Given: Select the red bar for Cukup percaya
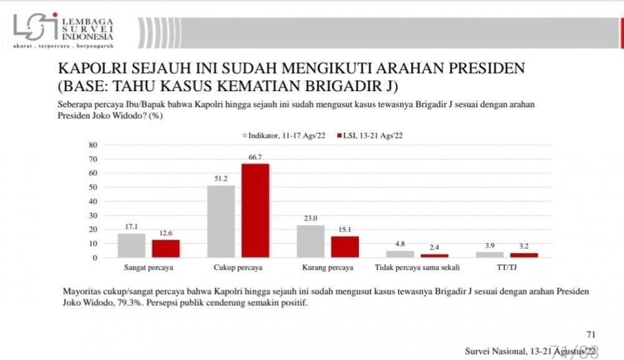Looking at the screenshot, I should tap(255, 210).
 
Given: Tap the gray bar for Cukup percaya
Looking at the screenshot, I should tap(221, 221).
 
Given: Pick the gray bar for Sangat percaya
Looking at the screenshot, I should tap(131, 245).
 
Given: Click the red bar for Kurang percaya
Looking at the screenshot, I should tap(344, 246).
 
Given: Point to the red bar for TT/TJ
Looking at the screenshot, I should tap(524, 255).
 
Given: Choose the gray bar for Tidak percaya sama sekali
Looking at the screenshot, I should tap(400, 254).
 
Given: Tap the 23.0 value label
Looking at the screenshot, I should tap(310, 219).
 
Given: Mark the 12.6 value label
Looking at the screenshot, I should tap(165, 234).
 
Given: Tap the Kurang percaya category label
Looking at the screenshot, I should tap(327, 268).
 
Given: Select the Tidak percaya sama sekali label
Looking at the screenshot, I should tap(417, 268).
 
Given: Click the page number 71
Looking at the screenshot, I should tap(592, 334).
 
